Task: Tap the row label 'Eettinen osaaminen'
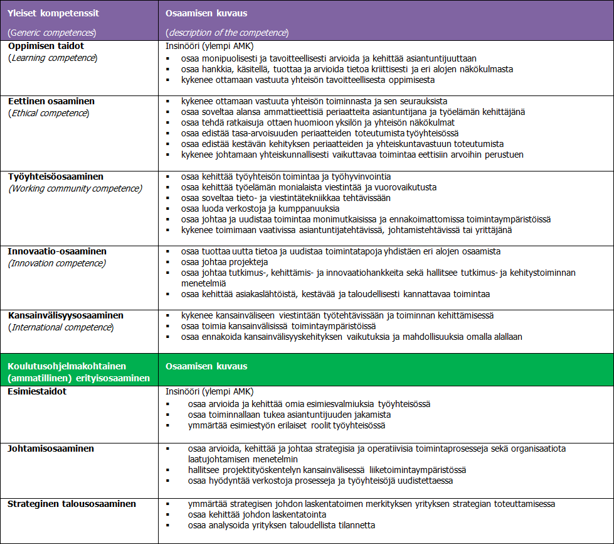pos(51,101)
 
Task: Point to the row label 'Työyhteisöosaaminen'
pos(56,177)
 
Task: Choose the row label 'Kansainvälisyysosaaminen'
pos(66,315)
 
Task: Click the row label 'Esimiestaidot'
pos(37,391)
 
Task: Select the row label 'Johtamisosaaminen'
pos(51,449)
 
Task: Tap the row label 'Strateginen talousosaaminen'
pos(71,504)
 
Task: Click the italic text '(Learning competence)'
pos(53,58)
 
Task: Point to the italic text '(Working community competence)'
pos(75,188)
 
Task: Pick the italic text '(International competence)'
pos(60,327)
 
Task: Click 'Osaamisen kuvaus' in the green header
pos(206,366)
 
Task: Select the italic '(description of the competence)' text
pos(227,32)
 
